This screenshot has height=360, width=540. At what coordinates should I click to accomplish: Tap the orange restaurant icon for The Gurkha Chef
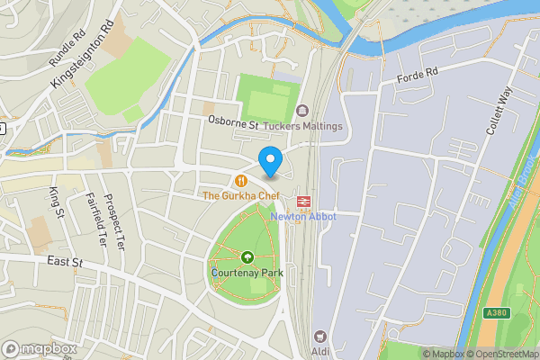point(241,180)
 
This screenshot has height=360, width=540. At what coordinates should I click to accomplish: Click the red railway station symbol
point(304,200)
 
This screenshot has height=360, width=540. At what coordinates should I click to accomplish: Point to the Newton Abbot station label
point(304,217)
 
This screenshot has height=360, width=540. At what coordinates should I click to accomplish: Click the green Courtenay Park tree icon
point(247,255)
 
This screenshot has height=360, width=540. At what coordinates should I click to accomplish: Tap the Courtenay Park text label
point(247,270)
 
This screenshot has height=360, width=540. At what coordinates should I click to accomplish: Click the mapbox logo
point(38,348)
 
